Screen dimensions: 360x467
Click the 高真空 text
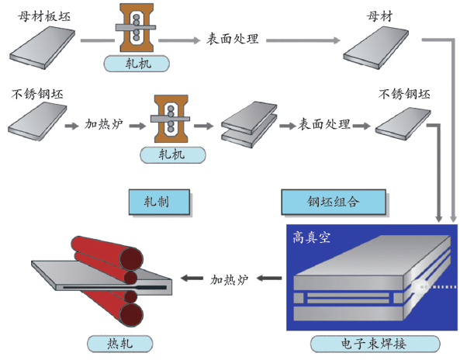click(x=312, y=237)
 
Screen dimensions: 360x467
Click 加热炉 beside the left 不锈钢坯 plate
click(x=104, y=124)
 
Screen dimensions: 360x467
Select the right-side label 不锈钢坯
click(x=403, y=95)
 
